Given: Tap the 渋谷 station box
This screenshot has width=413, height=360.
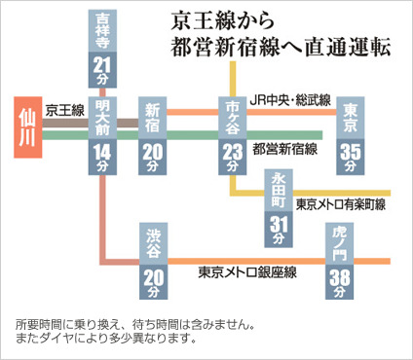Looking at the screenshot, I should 153,261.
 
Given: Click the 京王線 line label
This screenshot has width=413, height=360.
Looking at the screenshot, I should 64,110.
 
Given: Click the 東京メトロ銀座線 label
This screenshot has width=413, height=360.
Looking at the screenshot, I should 247,272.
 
